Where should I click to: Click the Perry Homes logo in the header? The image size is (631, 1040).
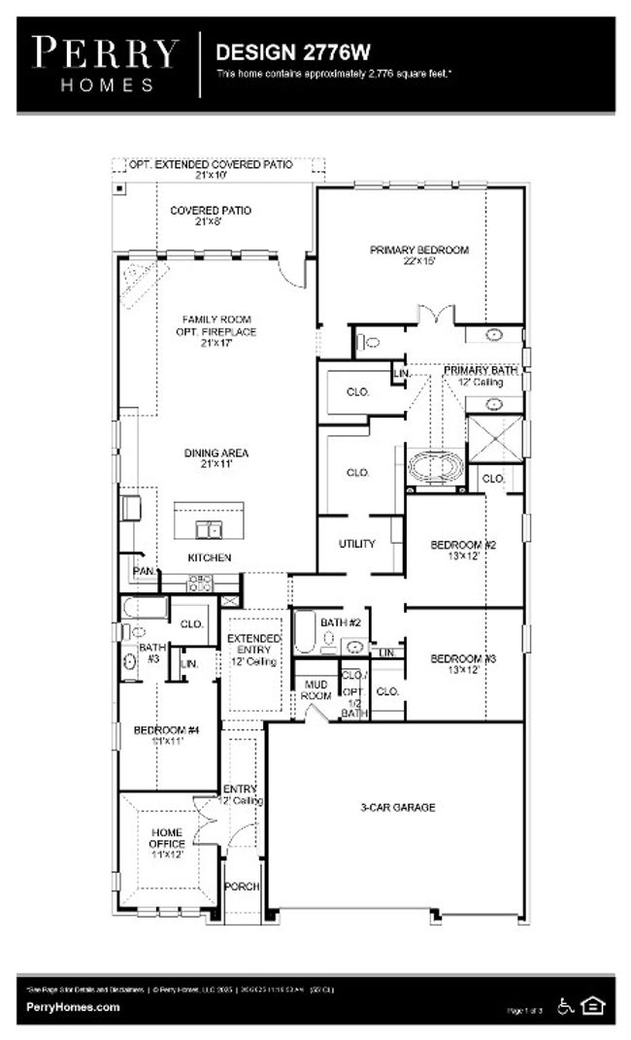click(x=106, y=62)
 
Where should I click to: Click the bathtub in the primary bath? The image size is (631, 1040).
click(x=436, y=468)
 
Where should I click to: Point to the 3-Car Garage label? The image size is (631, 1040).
click(x=398, y=807)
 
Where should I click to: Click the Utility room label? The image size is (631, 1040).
click(x=356, y=544)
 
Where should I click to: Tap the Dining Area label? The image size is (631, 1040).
click(x=216, y=458)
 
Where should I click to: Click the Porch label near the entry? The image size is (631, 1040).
click(x=242, y=887)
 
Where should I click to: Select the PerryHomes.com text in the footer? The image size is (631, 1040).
click(x=74, y=1007)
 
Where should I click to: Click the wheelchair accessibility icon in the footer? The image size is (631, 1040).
click(x=566, y=1006)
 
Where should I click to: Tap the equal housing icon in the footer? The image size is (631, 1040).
click(x=592, y=1006)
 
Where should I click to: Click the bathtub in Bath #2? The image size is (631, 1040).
click(x=305, y=631)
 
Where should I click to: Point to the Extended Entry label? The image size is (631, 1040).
click(x=253, y=650)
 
